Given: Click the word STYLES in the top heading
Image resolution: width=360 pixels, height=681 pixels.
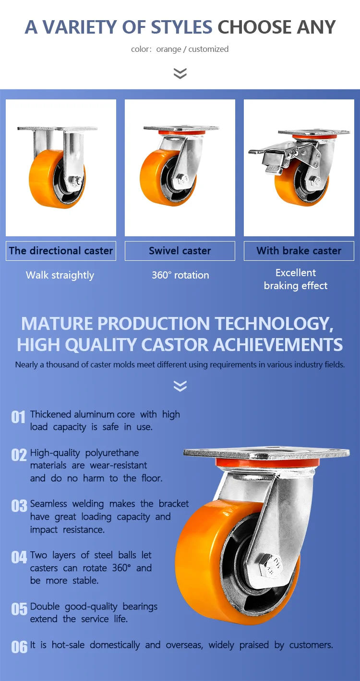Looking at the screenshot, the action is coord(181,27).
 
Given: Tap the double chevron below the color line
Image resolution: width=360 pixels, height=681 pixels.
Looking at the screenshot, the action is coord(180,73).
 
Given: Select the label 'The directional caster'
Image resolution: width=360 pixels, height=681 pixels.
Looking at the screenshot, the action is coord(61,251).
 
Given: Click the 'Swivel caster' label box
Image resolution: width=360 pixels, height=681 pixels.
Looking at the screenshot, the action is coord(180,251).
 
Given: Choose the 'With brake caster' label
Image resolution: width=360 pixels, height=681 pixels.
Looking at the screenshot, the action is coord(299,251).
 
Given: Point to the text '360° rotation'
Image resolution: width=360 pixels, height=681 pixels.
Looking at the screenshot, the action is coord(180,275).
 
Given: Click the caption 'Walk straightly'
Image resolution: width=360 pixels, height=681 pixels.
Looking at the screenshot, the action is coord(60,276).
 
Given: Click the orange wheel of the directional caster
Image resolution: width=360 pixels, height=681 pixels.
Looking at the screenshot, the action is coord(48,179).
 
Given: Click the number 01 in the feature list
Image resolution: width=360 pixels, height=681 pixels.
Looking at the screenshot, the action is coord(18,417).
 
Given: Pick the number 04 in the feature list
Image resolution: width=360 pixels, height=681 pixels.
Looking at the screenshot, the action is coord(19,557).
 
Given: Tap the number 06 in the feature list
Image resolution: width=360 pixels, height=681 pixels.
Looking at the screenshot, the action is coord(19,647).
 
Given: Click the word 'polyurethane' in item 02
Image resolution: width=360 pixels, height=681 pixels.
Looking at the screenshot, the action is coord(112,453).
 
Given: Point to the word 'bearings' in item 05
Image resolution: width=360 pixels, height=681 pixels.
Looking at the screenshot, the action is coord(140,607).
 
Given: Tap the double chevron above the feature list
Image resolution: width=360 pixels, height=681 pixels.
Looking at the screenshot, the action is coord(180,386).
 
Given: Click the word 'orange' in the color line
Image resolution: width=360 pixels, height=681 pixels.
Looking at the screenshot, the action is coord(168,49).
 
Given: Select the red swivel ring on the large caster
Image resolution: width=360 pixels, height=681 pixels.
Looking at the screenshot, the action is coord(267,463).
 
